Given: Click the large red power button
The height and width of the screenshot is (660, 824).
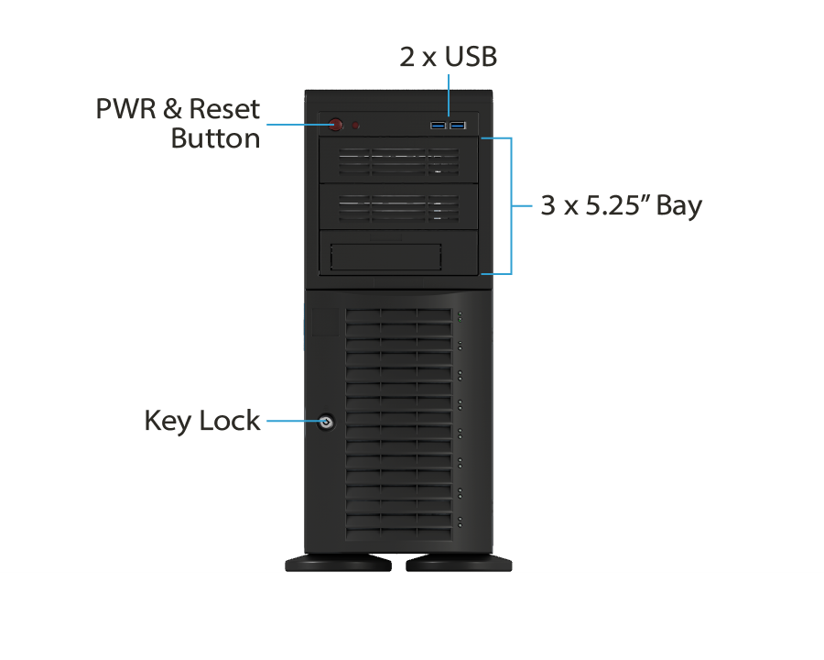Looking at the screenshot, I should click(x=337, y=126).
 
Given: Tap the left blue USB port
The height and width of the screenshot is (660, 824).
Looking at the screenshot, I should click(x=439, y=125).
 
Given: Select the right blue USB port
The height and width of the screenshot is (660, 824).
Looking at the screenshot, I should click(x=457, y=125).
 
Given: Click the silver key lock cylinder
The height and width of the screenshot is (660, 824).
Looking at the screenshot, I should click(x=326, y=423).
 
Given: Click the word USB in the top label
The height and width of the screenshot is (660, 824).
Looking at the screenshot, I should click(x=471, y=57).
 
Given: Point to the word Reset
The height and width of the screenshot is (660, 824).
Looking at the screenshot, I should click(x=224, y=110).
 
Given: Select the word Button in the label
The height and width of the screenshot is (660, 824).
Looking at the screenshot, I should click(x=216, y=139).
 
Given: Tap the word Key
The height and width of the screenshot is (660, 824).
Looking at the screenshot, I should click(x=168, y=422).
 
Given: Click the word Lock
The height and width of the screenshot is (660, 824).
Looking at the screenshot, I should click(x=228, y=422).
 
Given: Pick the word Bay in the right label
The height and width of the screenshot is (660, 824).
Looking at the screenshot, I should click(x=679, y=206).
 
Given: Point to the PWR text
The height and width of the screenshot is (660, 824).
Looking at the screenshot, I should click(x=125, y=110).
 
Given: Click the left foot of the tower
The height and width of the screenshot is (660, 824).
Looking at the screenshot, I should click(x=338, y=563).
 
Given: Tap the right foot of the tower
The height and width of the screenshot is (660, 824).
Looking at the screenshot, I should click(x=459, y=563).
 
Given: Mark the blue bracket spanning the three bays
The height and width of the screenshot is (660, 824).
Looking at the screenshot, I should click(x=510, y=205).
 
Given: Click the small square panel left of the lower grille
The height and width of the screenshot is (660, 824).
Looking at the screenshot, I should click(x=324, y=322).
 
